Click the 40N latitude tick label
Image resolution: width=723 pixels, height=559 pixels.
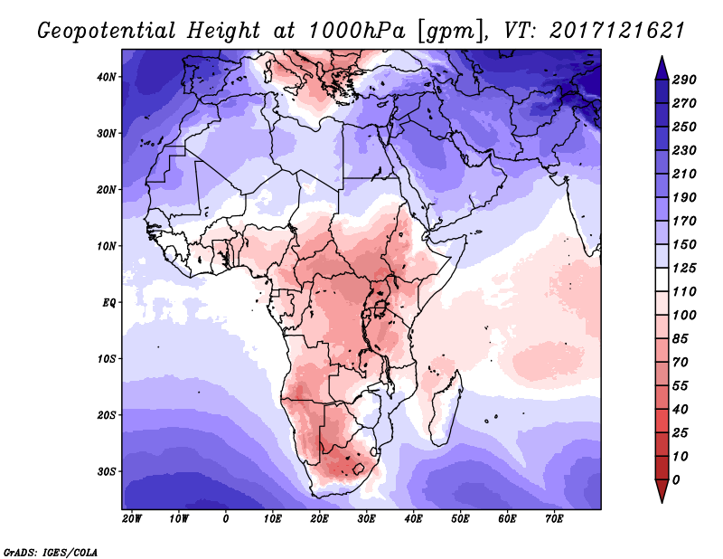tap(108, 76)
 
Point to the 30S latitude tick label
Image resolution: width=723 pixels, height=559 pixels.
tap(108, 471)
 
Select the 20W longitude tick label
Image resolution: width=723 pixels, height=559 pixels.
tap(131, 519)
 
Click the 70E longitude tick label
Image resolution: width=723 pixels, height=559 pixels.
tap(554, 519)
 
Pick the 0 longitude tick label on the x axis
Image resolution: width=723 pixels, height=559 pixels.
tap(225, 519)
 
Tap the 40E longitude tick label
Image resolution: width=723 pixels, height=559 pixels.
tap(413, 519)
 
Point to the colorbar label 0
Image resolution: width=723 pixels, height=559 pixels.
tap(676, 479)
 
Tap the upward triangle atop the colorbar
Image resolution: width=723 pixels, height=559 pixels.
tap(661, 65)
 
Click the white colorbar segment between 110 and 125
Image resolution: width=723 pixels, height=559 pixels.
tap(661, 279)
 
